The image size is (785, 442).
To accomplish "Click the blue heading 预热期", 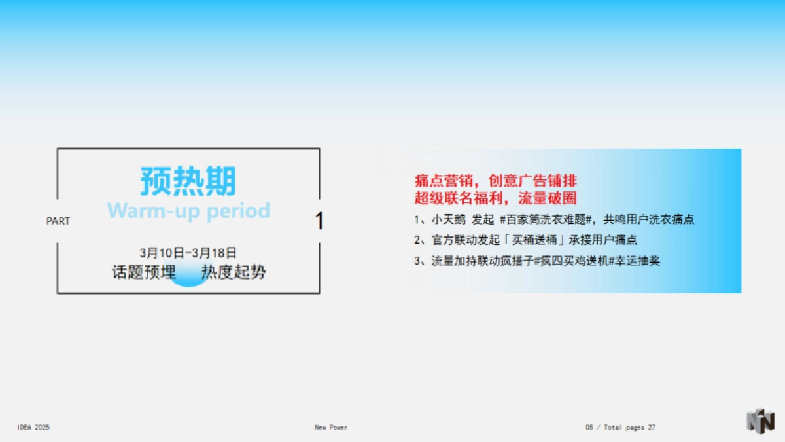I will coord(188,181).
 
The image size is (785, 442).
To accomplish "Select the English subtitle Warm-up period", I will coord(188,211).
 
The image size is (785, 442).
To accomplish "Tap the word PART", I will coord(58,221).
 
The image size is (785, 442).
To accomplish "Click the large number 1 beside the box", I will coord(319,221).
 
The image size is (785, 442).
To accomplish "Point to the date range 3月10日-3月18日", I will coord(188,252).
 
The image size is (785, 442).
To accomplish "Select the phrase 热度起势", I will coord(234,272).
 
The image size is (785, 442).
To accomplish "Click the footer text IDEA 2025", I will coord(33,428).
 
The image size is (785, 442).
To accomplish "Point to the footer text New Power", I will coord(330,428).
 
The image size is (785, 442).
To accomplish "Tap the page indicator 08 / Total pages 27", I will coord(620,428).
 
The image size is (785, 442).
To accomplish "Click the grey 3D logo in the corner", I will coord(761,421).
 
